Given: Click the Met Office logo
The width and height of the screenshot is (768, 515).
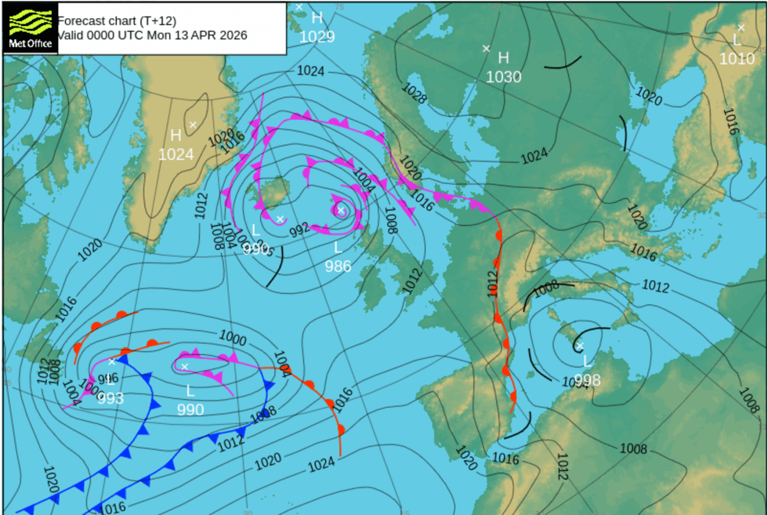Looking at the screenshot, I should click(30, 27).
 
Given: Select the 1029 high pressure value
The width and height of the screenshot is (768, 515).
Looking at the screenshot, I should click(317, 37).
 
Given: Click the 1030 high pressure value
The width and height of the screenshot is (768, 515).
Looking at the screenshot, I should click(503, 77).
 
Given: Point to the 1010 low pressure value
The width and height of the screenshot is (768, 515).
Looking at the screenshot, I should click(737, 59).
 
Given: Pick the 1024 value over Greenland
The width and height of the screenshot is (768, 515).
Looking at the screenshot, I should click(176, 154).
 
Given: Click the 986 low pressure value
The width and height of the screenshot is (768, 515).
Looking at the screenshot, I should click(338, 266).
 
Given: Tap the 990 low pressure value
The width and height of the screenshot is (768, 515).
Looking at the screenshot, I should click(190, 409).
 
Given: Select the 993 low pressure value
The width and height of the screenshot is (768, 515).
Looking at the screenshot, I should click(110, 398).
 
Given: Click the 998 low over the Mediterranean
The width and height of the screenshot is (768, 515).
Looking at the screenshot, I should click(587, 380).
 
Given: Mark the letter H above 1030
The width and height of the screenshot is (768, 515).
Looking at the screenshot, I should click(503, 58).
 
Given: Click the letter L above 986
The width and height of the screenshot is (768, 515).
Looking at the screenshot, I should click(338, 248).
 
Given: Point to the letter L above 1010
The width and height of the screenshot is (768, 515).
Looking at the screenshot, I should click(737, 40).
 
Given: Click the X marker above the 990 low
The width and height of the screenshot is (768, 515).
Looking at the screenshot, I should click(185, 366).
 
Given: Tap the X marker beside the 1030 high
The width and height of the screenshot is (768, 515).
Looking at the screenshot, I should click(486, 49).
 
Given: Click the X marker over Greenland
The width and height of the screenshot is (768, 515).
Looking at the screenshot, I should click(192, 125).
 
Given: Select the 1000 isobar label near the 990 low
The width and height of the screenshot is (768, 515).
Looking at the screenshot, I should click(233, 339).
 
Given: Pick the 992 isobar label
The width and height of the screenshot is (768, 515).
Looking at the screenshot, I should click(299, 230).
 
